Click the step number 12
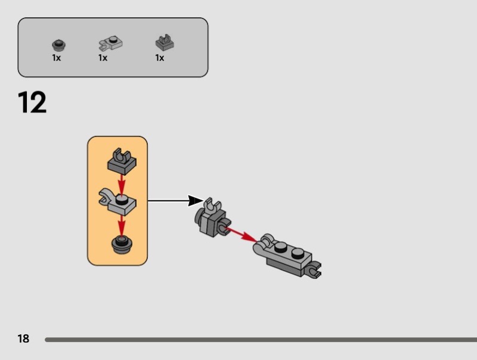pyautogui.click(x=32, y=103)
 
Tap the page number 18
pyautogui.click(x=23, y=339)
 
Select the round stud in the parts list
pyautogui.click(x=57, y=44)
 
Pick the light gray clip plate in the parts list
pyautogui.click(x=110, y=42)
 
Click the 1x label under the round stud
pyautogui.click(x=57, y=58)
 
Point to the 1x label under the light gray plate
pyautogui.click(x=103, y=58)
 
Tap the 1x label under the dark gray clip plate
pyautogui.click(x=160, y=58)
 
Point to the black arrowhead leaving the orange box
pyautogui.click(x=196, y=201)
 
